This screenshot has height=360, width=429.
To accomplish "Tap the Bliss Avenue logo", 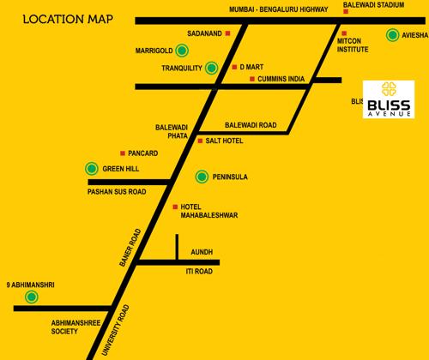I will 389,99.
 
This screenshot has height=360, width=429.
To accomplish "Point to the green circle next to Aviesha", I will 392,35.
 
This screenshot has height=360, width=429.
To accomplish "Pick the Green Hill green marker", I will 91,169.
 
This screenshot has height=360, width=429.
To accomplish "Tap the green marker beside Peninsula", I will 201,177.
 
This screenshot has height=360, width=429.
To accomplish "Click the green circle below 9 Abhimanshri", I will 32,297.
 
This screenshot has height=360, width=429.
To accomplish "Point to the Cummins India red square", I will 250,79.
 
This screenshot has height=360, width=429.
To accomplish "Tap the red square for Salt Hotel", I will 199,140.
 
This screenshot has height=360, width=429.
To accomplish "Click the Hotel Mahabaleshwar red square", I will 175,207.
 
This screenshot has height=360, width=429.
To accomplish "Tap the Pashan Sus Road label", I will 117,192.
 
